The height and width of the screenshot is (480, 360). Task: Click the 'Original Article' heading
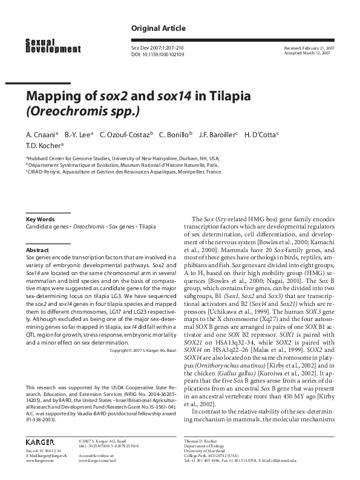point(158,28)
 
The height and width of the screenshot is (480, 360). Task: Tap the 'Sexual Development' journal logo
point(53,45)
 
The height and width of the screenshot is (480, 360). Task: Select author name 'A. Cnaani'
point(41,134)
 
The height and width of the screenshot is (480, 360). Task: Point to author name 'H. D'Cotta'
point(260,134)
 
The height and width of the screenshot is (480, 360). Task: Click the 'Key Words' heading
point(40,219)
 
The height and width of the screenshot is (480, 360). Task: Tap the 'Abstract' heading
point(37,250)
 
